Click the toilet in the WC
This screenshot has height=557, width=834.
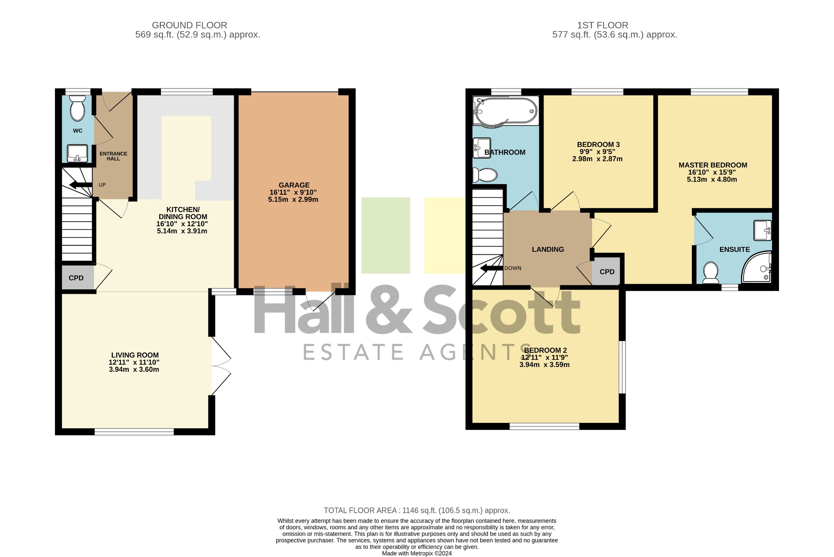77,108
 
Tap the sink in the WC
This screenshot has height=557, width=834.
77,153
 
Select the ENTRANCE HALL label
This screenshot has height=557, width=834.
114,156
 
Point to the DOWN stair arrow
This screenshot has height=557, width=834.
491,269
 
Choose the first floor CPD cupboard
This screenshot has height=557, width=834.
606,271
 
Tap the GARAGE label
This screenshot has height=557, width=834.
294,185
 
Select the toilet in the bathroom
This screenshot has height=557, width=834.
485,176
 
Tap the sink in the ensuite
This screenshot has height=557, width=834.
763,231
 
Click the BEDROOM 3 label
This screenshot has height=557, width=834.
598,145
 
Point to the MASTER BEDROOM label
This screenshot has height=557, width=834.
713,165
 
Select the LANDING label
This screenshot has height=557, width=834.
548,249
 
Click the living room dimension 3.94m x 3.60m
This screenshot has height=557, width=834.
134,370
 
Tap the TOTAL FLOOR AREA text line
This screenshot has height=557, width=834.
417,511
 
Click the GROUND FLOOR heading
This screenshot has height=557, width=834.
189,25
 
